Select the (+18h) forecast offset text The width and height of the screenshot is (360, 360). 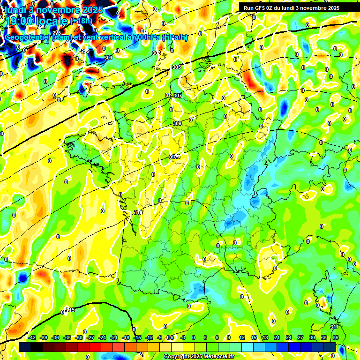(x=81, y=21)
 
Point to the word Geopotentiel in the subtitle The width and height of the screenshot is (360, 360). (x=27, y=37)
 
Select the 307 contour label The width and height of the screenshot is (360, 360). (x=178, y=96)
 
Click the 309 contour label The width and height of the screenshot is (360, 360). (x=177, y=123)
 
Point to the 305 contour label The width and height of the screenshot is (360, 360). (x=177, y=67)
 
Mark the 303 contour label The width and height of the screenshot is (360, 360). (x=157, y=53)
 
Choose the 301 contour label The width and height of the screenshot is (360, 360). (x=108, y=58)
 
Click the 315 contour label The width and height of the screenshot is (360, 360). (x=71, y=310)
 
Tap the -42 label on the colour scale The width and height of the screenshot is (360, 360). (x=32, y=337)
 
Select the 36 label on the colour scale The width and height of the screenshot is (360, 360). (x=336, y=337)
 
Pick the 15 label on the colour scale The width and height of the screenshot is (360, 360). (x=254, y=337)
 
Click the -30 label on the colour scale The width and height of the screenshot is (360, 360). (x=79, y=337)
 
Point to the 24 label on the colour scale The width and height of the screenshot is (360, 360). (x=288, y=337)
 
